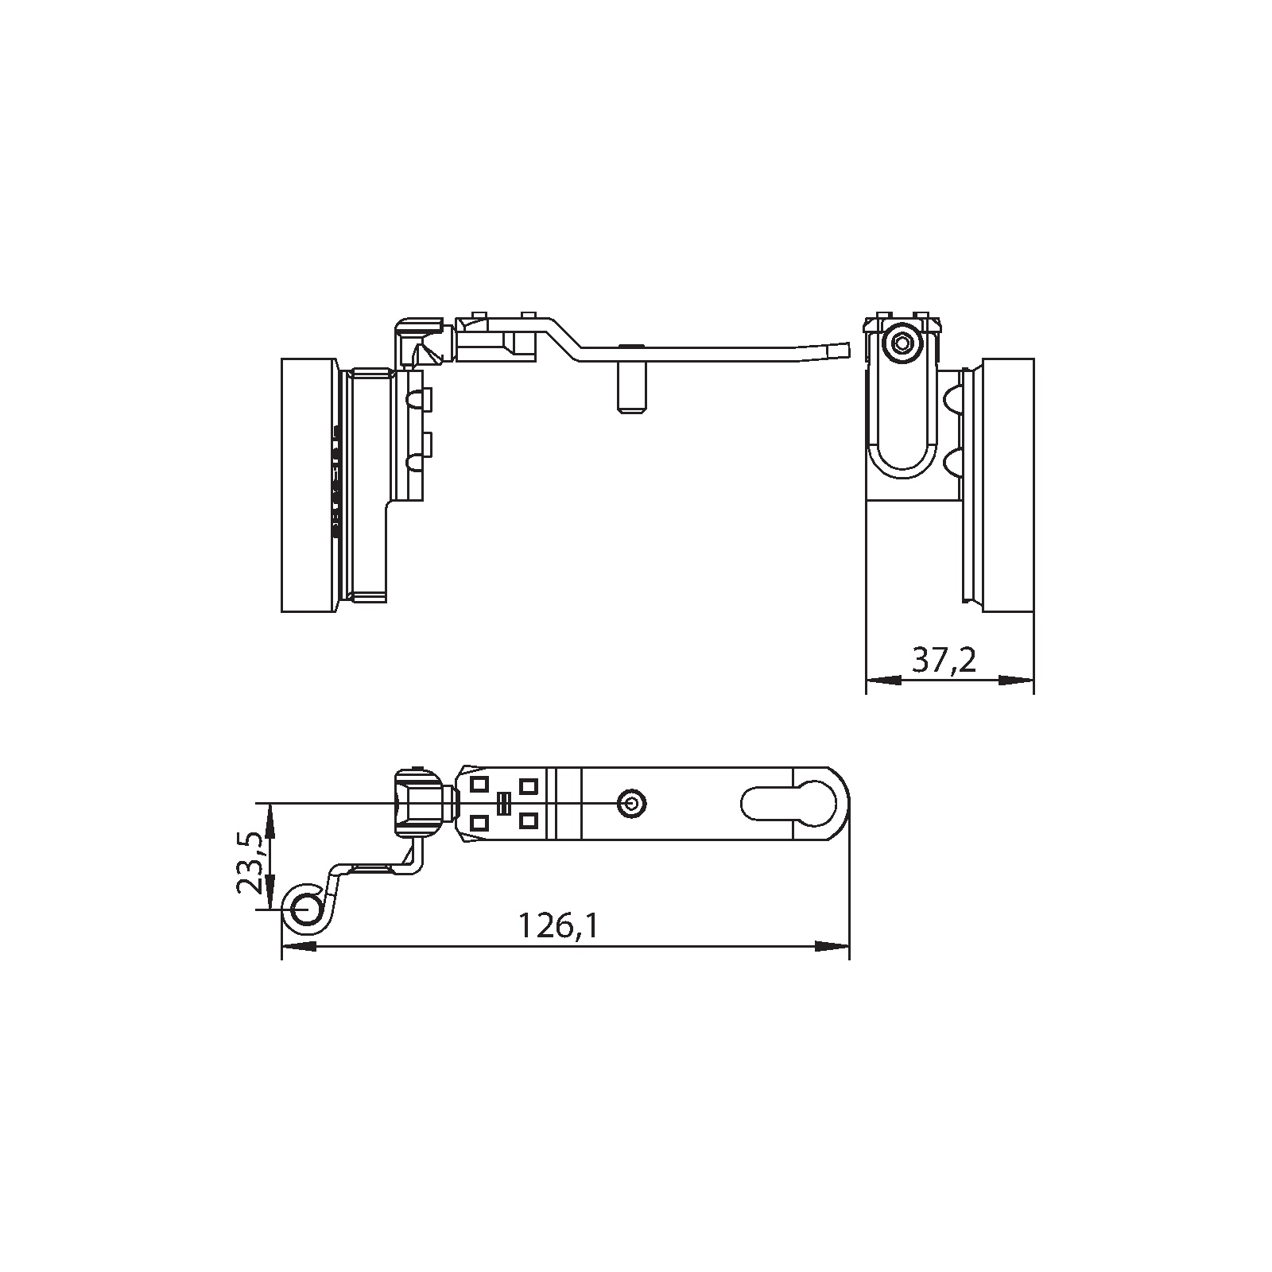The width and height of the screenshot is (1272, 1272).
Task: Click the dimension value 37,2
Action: tap(944, 660)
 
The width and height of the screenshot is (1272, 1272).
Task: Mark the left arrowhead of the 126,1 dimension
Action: tap(300, 946)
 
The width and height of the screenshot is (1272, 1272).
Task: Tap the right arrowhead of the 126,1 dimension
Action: tap(832, 946)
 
